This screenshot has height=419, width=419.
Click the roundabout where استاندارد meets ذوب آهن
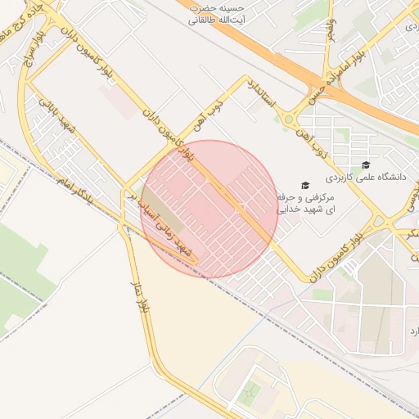289,119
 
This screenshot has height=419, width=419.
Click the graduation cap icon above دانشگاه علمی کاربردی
365,163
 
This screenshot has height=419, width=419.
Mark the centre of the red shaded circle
209,209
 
